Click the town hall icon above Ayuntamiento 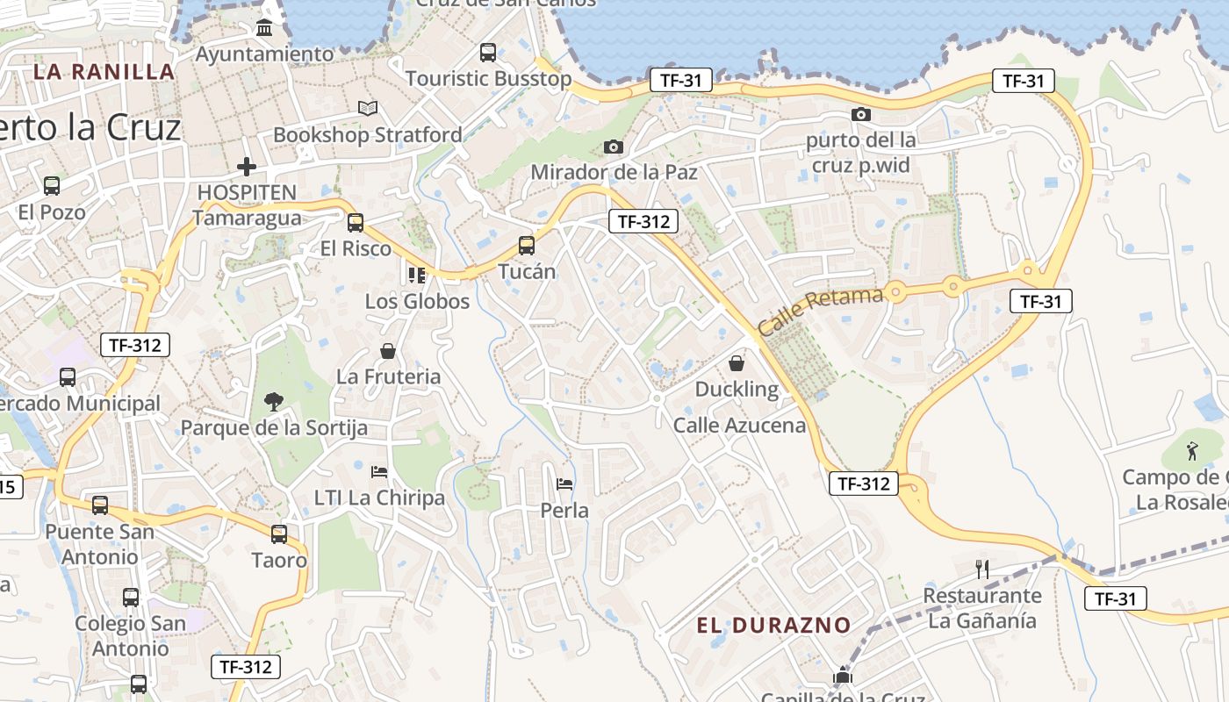click(x=264, y=28)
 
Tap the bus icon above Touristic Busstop click(x=488, y=53)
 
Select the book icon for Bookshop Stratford click(x=368, y=108)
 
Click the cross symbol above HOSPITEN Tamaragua click(x=247, y=166)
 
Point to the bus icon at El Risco click(x=355, y=223)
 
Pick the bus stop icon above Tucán click(x=527, y=246)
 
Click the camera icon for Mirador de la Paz click(x=614, y=147)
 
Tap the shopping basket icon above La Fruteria click(x=388, y=351)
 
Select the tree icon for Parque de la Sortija click(x=274, y=402)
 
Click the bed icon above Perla click(x=564, y=484)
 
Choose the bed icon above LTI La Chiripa click(x=379, y=472)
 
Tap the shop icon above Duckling click(x=737, y=362)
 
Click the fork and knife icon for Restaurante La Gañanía click(x=982, y=569)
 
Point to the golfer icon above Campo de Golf click(x=1191, y=451)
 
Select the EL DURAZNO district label click(x=773, y=625)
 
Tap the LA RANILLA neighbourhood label click(x=104, y=71)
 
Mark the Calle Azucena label click(x=739, y=426)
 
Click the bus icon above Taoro click(x=279, y=534)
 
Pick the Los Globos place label click(x=417, y=302)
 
